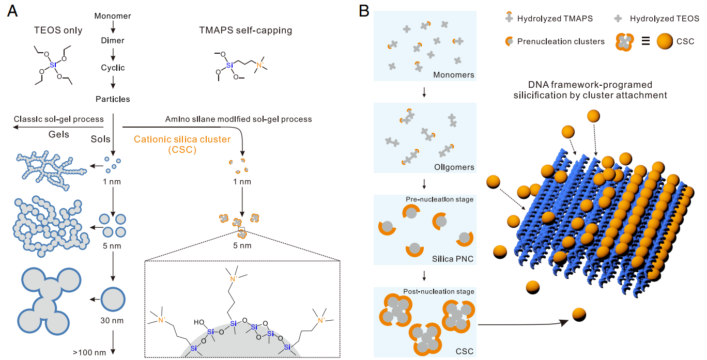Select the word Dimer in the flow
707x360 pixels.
tap(113, 40)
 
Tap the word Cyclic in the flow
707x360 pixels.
tap(113, 68)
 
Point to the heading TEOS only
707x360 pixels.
tap(57, 30)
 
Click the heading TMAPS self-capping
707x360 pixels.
tap(245, 30)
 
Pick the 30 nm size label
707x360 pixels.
tap(112, 320)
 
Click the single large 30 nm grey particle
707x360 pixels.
tap(113, 299)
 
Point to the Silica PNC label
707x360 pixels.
tap(453, 259)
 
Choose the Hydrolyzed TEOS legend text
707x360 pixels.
tap(664, 19)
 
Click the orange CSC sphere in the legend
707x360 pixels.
tap(667, 42)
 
